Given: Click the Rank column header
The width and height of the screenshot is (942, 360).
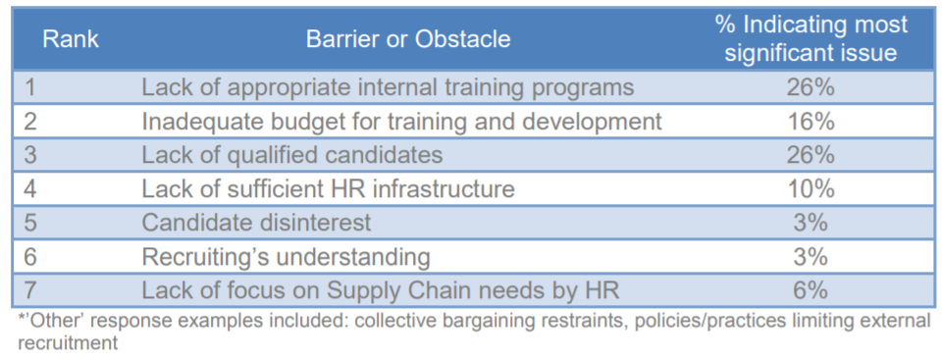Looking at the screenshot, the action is (x=71, y=39).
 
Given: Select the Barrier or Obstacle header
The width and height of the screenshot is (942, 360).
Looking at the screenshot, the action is (x=408, y=39).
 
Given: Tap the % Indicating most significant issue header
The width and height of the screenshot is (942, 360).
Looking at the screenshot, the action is (x=811, y=39).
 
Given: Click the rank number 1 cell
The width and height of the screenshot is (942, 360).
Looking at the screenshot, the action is (x=30, y=87).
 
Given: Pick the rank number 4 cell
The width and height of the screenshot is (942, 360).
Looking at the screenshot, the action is (x=30, y=189).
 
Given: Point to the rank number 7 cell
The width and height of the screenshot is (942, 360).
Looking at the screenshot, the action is (x=30, y=291).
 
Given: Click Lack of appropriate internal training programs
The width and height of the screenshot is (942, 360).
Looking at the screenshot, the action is (x=388, y=87).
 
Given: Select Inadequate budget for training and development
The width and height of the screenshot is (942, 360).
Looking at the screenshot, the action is (x=401, y=122).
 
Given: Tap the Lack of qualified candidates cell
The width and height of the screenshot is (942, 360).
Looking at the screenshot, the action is (x=292, y=156).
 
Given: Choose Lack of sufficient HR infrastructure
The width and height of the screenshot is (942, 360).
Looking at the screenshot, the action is (x=328, y=189).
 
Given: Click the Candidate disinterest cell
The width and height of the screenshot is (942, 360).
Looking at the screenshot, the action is (x=256, y=223).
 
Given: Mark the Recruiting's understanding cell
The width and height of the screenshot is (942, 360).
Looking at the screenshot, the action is (x=286, y=257).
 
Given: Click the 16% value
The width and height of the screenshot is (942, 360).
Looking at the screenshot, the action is (x=811, y=122).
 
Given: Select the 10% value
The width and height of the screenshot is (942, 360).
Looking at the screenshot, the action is (x=811, y=189).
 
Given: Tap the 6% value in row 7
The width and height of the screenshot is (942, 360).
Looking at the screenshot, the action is (x=811, y=291).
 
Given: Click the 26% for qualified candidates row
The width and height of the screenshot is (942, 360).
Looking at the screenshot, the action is (x=811, y=156).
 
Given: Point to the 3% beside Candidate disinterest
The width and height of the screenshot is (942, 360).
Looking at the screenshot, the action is (x=811, y=223).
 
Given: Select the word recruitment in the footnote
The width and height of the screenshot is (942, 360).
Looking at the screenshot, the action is (x=67, y=343).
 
